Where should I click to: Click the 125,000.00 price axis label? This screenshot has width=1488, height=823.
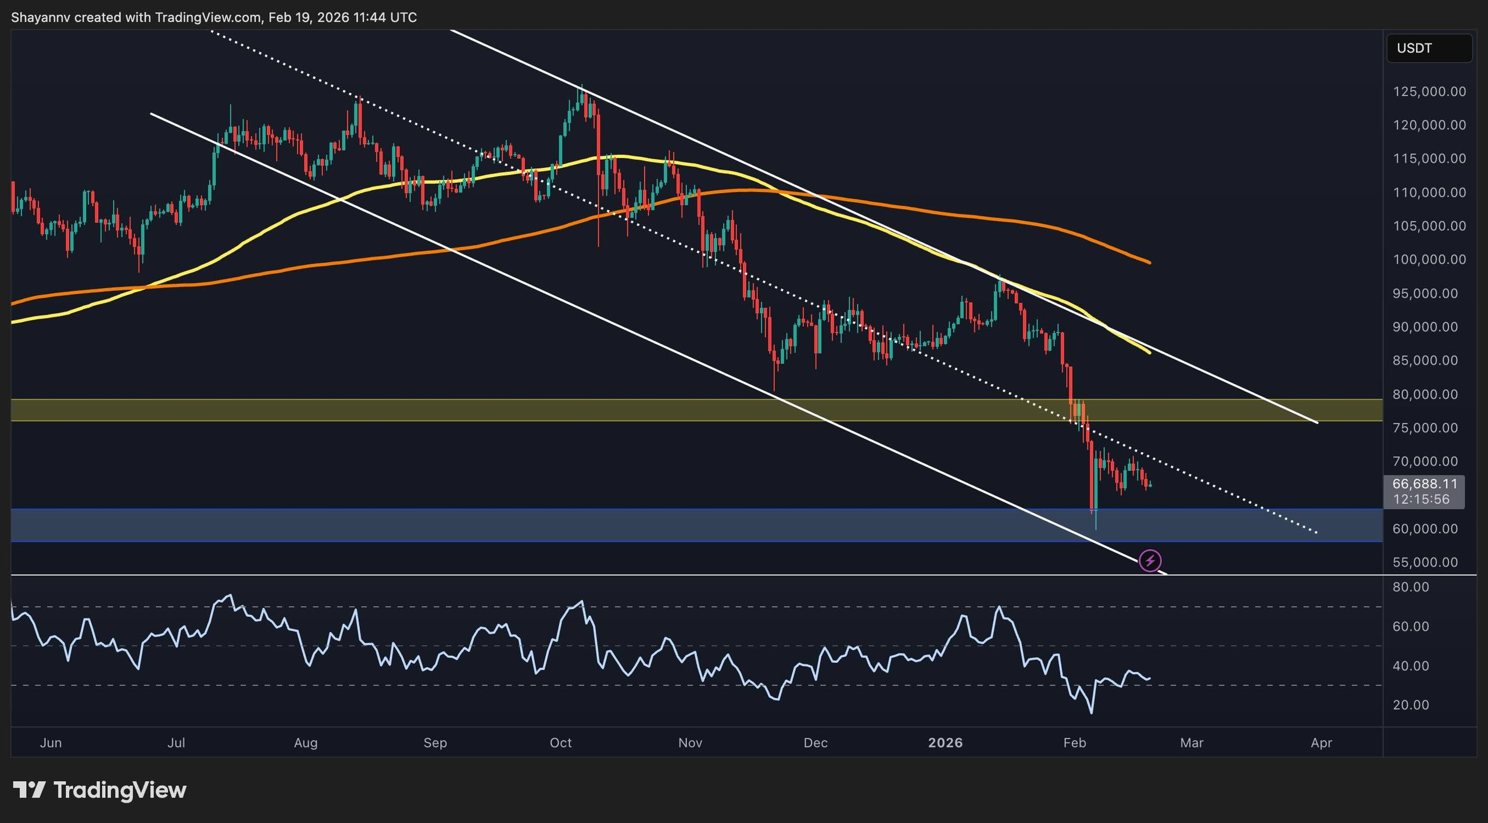(x=1429, y=92)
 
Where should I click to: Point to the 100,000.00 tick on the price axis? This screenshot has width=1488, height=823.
(x=1429, y=260)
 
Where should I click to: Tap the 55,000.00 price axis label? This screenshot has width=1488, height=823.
(x=1429, y=563)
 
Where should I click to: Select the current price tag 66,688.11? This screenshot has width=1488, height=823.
(x=1425, y=484)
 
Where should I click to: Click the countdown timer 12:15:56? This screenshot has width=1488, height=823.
(x=1421, y=499)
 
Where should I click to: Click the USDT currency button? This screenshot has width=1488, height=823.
(x=1429, y=48)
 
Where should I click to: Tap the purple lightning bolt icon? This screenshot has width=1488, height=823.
(x=1150, y=561)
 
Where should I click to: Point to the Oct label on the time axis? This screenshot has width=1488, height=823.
(x=560, y=743)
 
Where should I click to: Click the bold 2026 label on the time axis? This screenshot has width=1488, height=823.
(x=945, y=743)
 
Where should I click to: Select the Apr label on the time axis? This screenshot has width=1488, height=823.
(x=1321, y=743)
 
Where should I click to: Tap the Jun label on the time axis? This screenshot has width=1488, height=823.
(x=51, y=743)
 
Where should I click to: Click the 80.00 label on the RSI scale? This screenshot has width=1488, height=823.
(x=1411, y=587)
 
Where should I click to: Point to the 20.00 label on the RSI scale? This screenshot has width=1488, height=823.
(x=1411, y=705)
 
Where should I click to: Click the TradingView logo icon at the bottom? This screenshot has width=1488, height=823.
(x=29, y=790)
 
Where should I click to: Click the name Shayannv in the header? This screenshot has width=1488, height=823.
(x=40, y=17)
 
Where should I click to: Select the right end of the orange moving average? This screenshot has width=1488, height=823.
(x=1149, y=262)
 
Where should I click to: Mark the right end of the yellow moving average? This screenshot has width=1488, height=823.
(x=1149, y=352)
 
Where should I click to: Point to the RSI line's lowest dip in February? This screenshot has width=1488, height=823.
(x=1092, y=713)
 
